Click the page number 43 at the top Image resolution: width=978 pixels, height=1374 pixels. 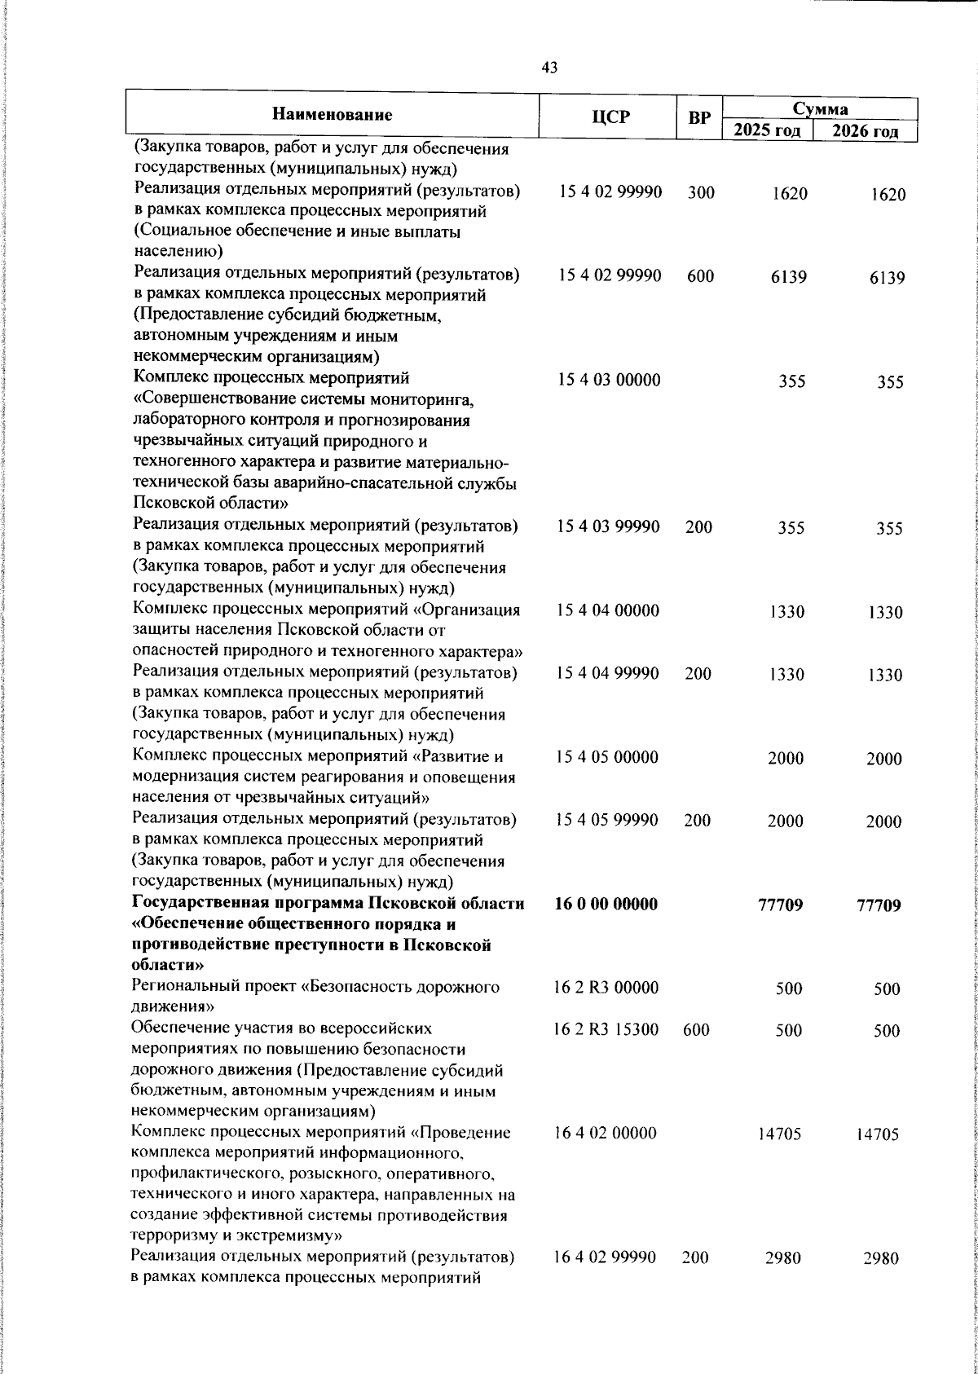549,68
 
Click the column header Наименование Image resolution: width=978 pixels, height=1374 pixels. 332,115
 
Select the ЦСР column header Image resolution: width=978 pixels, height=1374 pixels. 610,117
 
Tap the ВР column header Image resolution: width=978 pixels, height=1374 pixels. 699,117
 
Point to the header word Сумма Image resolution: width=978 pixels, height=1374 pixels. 821,108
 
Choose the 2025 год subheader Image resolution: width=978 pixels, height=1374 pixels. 767,131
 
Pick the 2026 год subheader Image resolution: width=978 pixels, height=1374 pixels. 866,131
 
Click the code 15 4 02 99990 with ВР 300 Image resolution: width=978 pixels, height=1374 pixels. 610,193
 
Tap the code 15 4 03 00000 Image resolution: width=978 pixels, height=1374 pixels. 609,380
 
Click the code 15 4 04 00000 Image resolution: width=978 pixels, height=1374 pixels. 609,610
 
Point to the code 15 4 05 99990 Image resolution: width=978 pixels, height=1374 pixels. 609,821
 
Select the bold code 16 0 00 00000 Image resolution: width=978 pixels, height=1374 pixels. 606,904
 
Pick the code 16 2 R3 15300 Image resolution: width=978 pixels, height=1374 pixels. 607,1030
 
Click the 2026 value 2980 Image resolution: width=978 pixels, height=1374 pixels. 881,1282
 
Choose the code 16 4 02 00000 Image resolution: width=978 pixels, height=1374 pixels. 606,1133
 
